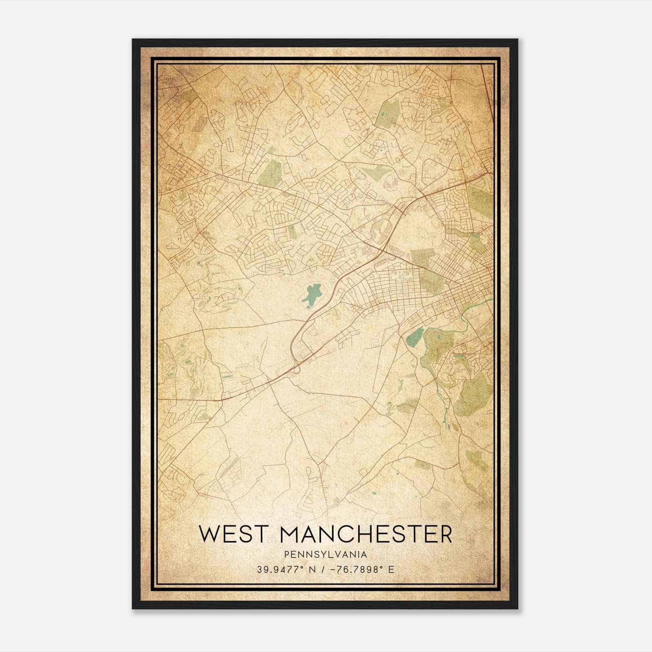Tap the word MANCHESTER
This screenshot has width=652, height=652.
pos(366,534)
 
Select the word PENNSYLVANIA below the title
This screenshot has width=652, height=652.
pos(326,555)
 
